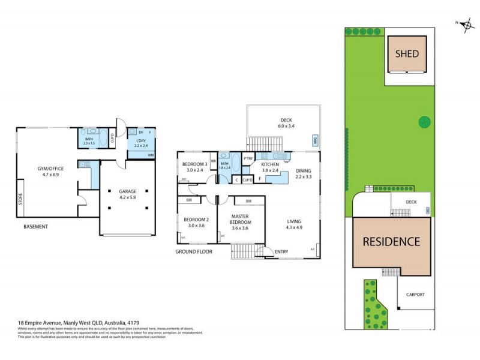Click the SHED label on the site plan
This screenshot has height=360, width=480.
click(x=407, y=53)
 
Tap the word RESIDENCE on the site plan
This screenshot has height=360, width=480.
click(x=391, y=242)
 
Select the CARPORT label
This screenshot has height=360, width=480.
click(x=415, y=295)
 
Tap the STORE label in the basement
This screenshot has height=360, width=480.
click(x=21, y=203)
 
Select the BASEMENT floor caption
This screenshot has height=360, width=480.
click(x=35, y=227)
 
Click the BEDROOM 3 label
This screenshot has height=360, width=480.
click(x=196, y=167)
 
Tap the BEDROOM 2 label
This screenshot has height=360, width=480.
click(x=196, y=222)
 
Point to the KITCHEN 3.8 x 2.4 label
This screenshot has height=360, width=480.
click(x=269, y=167)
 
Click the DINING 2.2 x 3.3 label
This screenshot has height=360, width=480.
click(x=304, y=173)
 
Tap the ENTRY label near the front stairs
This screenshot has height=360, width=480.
click(x=281, y=251)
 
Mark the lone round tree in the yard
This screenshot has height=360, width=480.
click(x=424, y=122)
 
